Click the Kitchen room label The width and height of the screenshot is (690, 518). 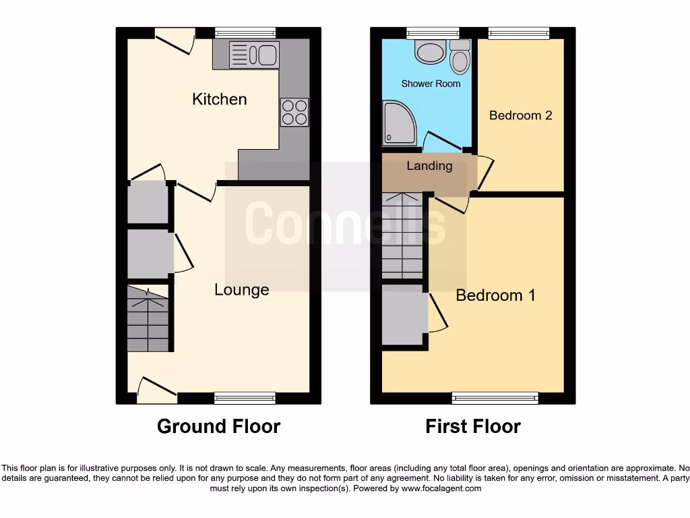pyautogui.click(x=220, y=99)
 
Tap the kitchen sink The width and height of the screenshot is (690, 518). pyautogui.click(x=253, y=55)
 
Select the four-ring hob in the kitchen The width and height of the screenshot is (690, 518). pyautogui.click(x=294, y=112)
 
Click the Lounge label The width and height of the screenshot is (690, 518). pyautogui.click(x=241, y=290)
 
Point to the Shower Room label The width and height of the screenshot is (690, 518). pyautogui.click(x=431, y=84)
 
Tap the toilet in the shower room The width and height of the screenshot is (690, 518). pyautogui.click(x=460, y=57)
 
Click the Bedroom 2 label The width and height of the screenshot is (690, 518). pyautogui.click(x=520, y=115)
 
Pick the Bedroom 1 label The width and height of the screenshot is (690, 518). pyautogui.click(x=495, y=295)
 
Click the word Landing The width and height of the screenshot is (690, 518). pyautogui.click(x=429, y=166)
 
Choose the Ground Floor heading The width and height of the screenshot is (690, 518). pyautogui.click(x=218, y=426)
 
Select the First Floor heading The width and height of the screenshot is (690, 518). pyautogui.click(x=473, y=426)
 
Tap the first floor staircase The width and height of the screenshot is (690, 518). pyautogui.click(x=402, y=236)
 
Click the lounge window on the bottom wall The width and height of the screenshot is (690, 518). pyautogui.click(x=245, y=398)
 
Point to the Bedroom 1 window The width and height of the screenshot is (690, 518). pyautogui.click(x=495, y=398)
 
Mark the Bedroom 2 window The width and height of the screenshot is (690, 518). pyautogui.click(x=519, y=32)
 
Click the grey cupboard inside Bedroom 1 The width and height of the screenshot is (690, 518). pyautogui.click(x=404, y=316)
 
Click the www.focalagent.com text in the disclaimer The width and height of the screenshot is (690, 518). pyautogui.click(x=441, y=488)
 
